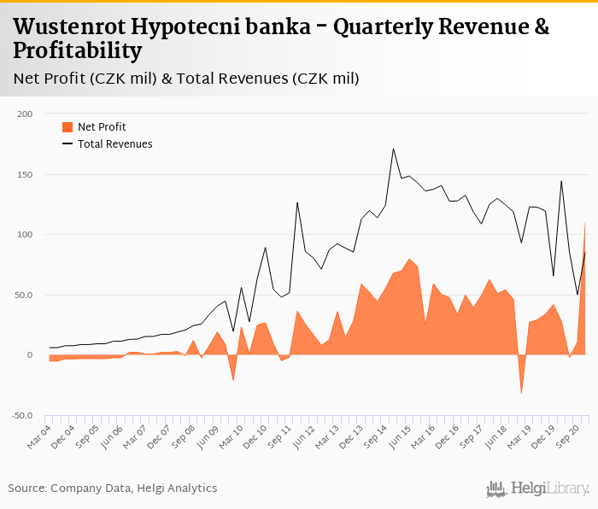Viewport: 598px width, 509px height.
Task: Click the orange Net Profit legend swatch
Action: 67,127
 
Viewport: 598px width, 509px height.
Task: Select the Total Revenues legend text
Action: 114,144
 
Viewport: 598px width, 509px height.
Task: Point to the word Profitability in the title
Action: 78,51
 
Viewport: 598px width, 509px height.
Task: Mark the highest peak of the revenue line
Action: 393,149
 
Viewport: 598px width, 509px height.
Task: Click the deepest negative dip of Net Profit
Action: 521,394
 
